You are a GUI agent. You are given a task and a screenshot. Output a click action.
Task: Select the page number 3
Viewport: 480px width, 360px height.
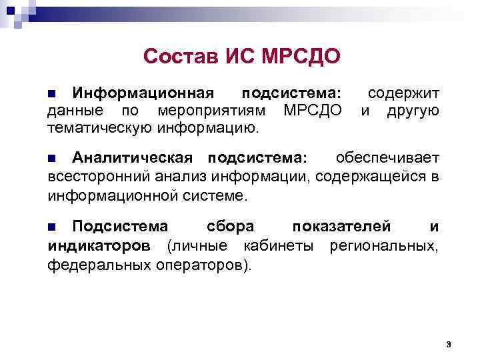coord(449,344)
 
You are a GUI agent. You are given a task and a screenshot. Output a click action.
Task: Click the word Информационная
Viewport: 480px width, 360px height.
coord(143,91)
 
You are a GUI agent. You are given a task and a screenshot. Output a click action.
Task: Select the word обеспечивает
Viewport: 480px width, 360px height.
coord(387,158)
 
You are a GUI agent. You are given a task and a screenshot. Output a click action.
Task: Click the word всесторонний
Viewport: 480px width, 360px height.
coord(100,176)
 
